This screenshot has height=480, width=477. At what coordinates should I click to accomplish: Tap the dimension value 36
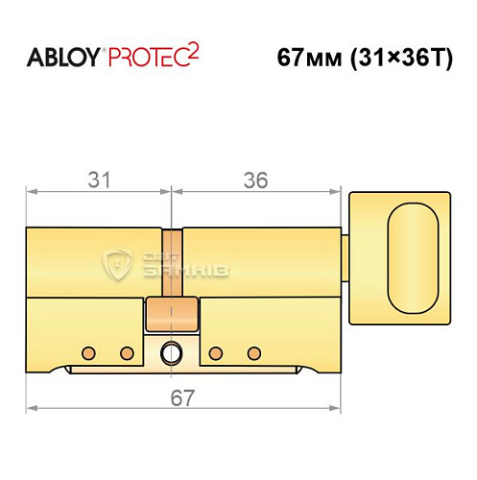pos(254,180)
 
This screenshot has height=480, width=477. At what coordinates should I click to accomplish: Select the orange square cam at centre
pos(172,313)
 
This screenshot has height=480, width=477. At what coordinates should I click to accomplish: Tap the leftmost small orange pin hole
pos(88,350)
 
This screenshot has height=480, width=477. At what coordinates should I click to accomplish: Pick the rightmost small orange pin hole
pos(253,350)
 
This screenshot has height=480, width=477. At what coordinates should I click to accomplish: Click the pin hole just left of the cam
pos(125,350)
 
